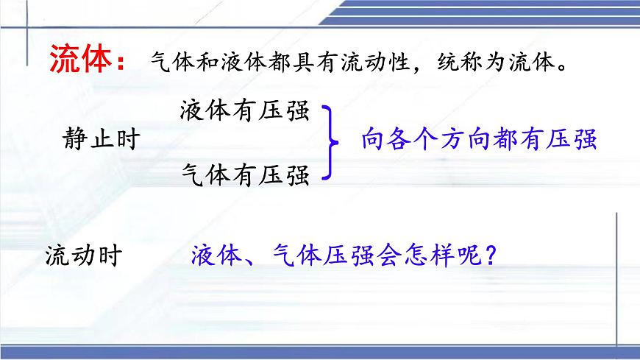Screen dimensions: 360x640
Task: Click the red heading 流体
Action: tap(79, 60)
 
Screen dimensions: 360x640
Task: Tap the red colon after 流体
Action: tap(122, 62)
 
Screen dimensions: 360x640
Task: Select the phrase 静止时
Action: tap(102, 140)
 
